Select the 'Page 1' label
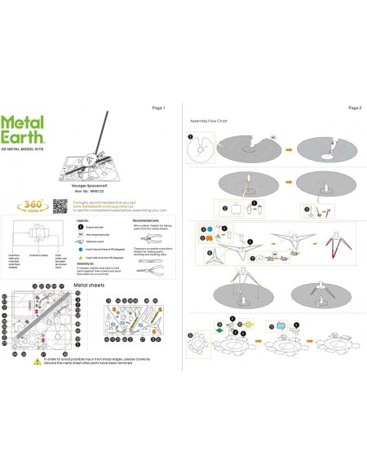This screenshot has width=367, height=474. [x=159, y=108]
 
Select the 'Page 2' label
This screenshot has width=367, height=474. [x=354, y=108]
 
